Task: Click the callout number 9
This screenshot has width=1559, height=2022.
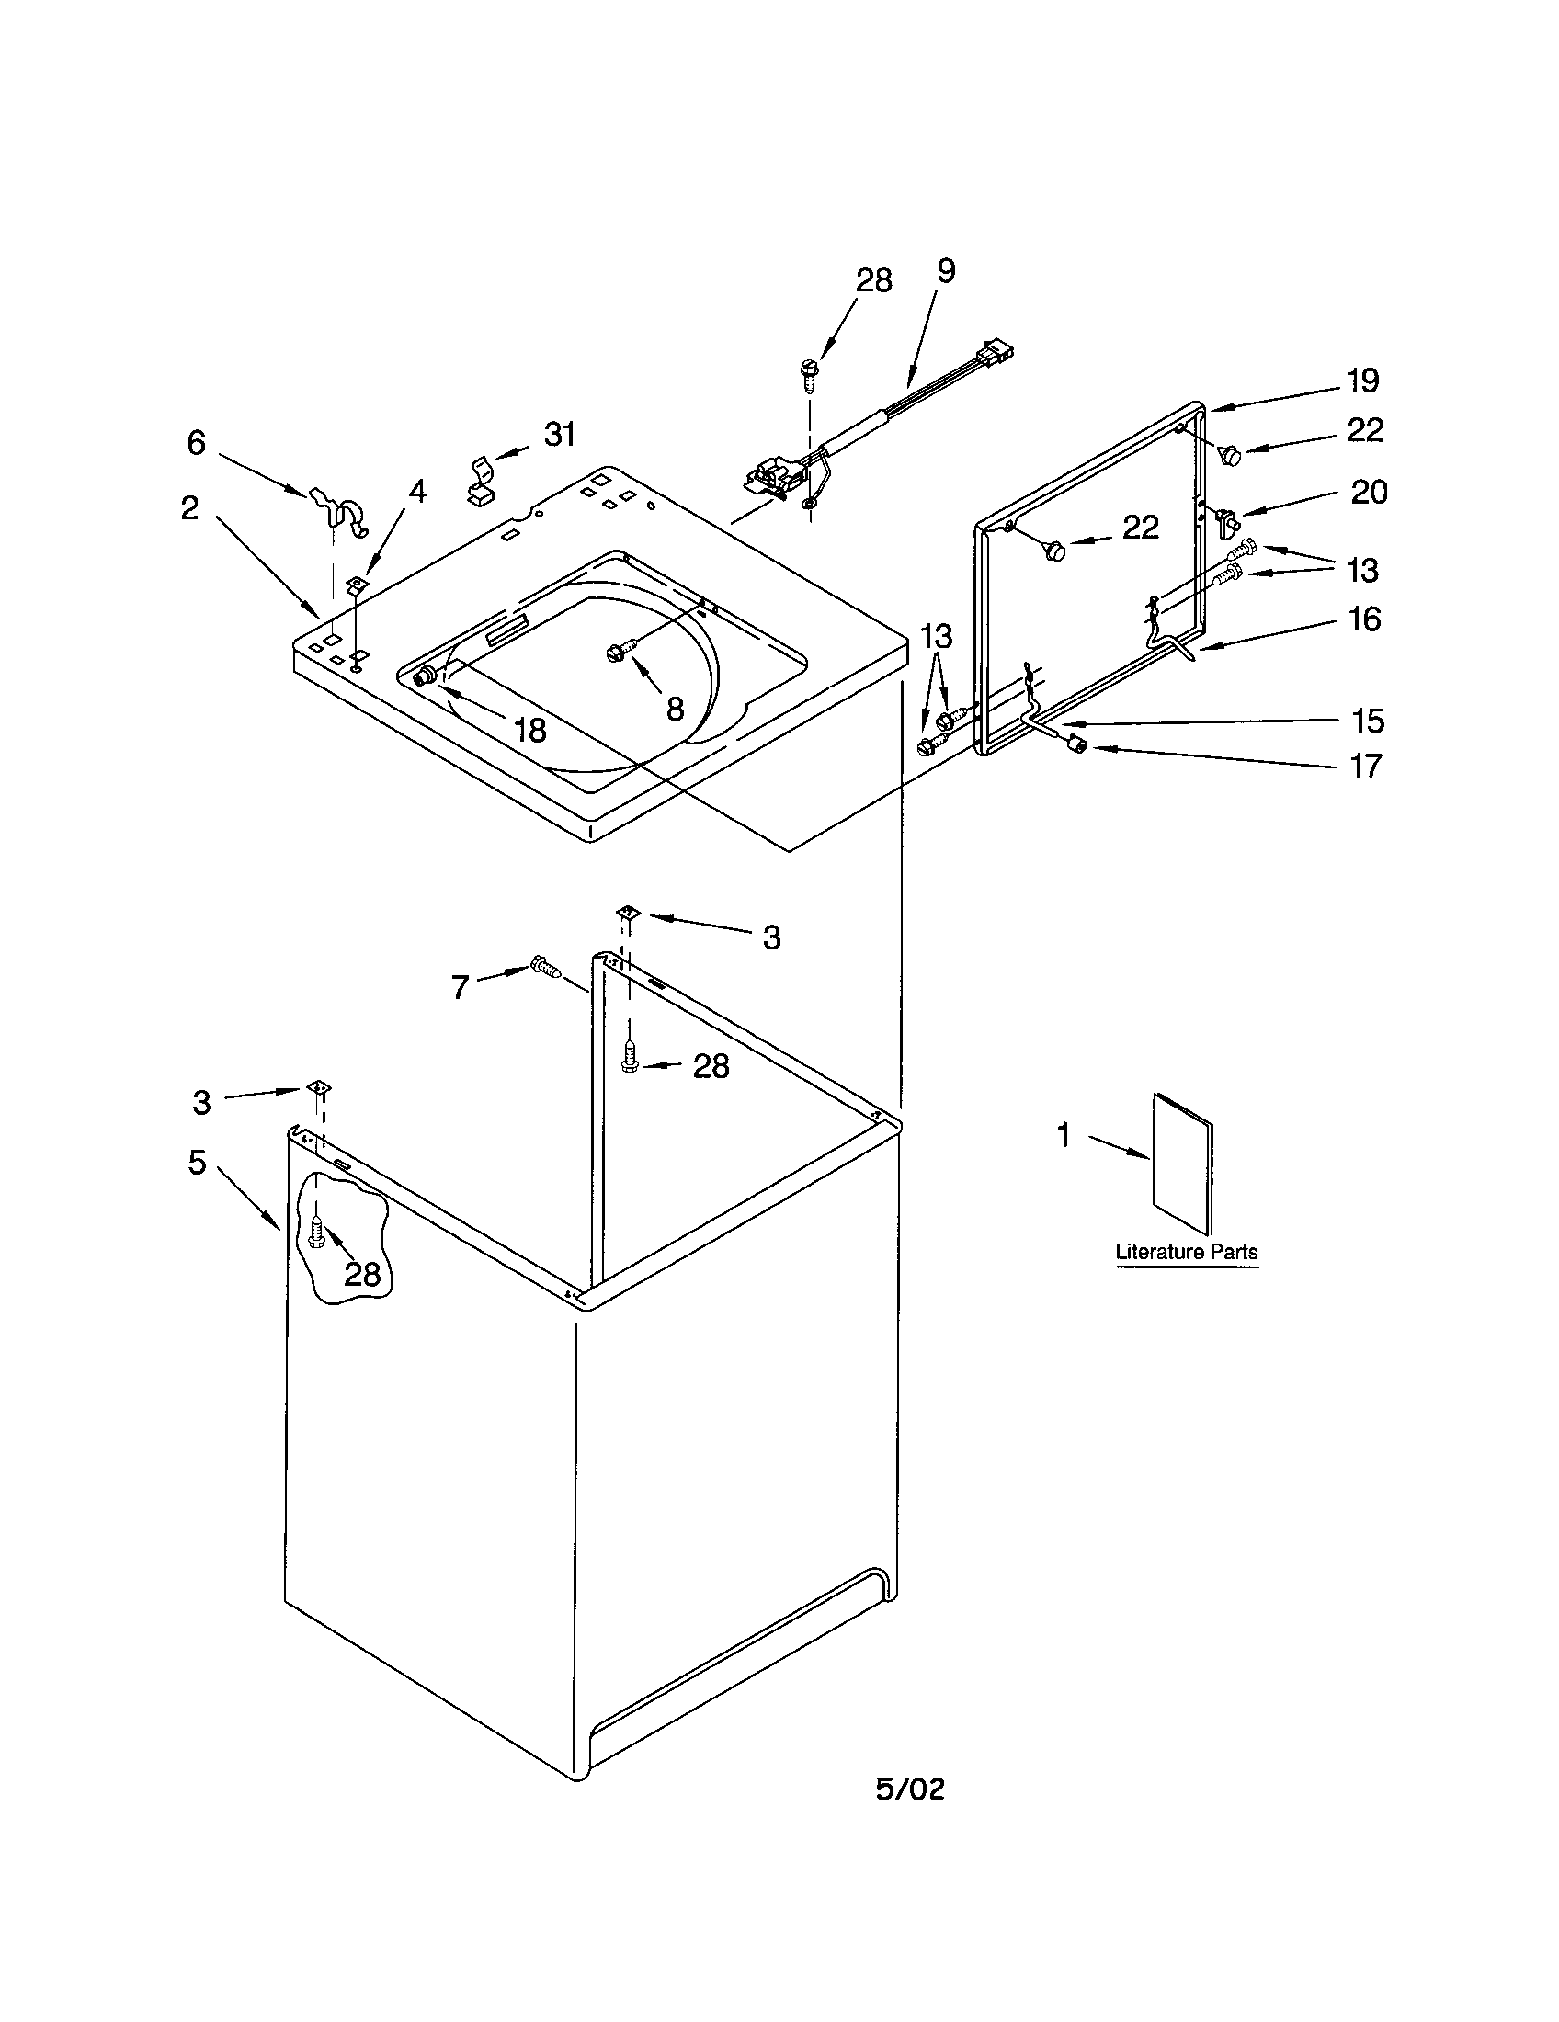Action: [945, 271]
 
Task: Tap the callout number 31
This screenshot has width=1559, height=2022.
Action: [560, 433]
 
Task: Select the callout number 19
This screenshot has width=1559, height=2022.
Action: [1362, 381]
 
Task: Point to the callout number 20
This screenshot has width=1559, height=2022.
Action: [1370, 492]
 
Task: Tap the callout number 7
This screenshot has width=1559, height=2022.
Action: [461, 988]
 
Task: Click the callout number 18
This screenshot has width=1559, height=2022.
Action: [529, 731]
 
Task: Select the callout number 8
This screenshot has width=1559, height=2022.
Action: [675, 710]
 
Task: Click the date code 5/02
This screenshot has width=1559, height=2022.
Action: [910, 1789]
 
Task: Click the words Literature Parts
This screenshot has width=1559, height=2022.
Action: [1186, 1252]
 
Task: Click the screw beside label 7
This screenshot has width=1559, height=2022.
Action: [547, 970]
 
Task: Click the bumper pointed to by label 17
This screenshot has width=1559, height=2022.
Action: [1075, 744]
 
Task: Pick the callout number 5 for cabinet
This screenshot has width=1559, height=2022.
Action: [198, 1163]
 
